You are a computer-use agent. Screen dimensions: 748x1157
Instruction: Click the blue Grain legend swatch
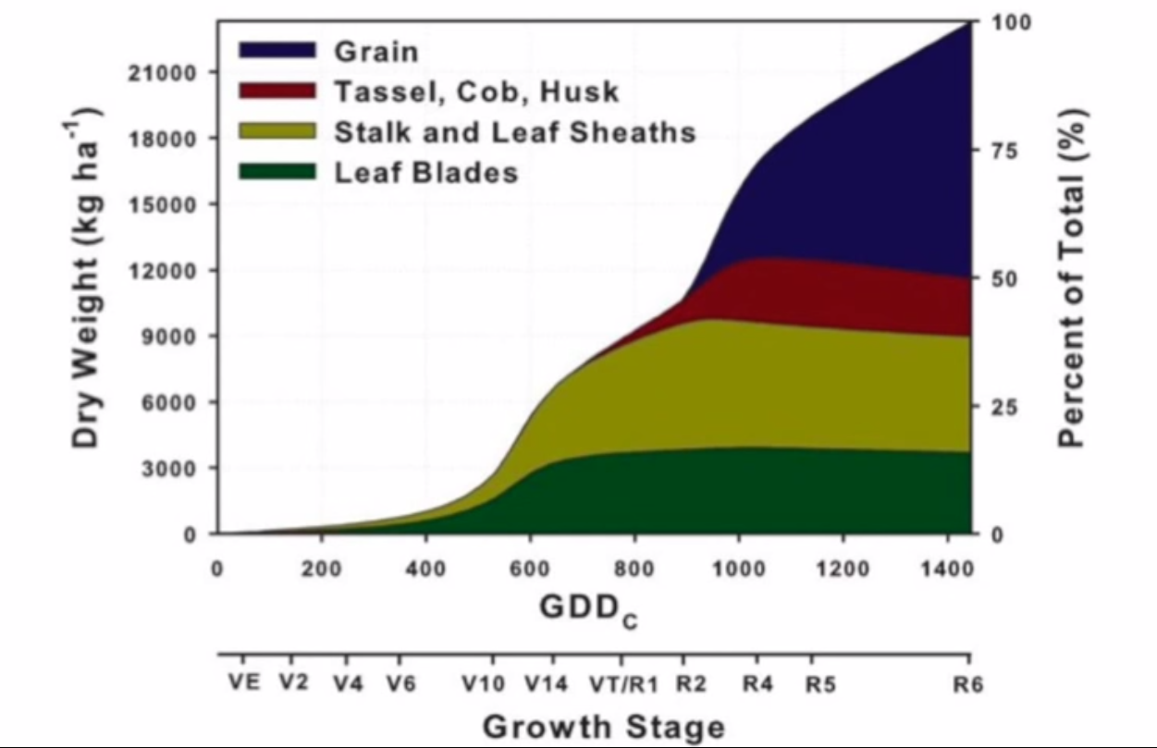click(x=277, y=50)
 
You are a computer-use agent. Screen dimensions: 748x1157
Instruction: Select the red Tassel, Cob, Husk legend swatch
click(x=277, y=91)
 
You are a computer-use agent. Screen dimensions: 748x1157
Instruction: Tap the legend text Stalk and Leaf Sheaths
click(x=514, y=131)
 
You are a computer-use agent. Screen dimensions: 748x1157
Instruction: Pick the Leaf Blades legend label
click(x=425, y=172)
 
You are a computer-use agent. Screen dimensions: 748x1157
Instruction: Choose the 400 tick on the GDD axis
click(x=425, y=569)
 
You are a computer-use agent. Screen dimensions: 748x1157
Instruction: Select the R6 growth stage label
click(x=968, y=685)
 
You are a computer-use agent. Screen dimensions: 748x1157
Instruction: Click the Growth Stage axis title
click(x=603, y=726)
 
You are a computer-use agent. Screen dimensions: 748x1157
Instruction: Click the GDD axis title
click(x=588, y=610)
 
